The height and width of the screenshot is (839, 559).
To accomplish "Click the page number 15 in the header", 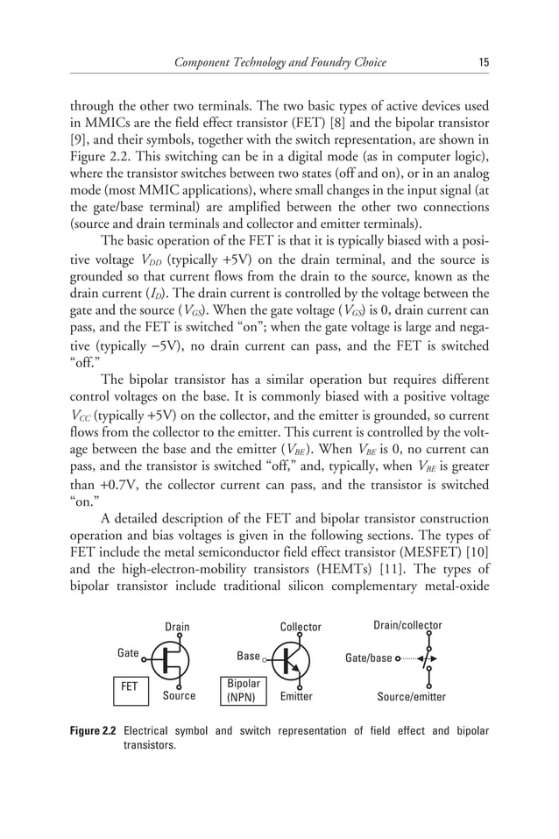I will [483, 61].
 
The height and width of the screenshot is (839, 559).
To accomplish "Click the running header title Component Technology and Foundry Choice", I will [279, 61].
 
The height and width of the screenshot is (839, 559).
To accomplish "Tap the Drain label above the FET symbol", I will [177, 627].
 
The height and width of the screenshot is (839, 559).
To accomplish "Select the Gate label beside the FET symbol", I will [128, 653].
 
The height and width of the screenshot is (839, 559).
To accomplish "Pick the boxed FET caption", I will [129, 687].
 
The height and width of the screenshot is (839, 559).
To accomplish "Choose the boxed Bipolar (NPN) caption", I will [243, 690].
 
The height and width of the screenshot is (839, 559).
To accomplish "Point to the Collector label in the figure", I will [301, 627].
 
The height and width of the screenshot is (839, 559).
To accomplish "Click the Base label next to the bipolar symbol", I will [248, 656].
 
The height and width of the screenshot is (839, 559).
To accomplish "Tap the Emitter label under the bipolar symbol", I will [295, 697].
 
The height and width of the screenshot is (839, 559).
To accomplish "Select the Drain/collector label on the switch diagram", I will [407, 625].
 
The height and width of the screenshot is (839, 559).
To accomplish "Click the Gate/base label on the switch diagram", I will [368, 658].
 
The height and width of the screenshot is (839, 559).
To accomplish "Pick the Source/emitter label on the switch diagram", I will [411, 697].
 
